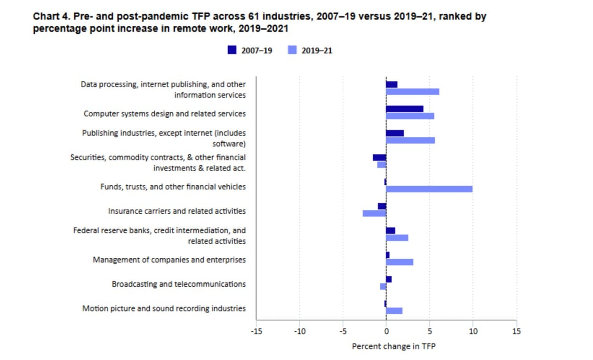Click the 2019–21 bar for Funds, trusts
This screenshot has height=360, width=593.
pos(429,189)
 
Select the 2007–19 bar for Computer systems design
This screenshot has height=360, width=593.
pos(404,109)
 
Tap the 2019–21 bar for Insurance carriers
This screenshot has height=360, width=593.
pos(374,213)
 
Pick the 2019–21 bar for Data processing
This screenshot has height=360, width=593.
pos(412,91)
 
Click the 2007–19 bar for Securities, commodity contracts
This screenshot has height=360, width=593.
pos(379,158)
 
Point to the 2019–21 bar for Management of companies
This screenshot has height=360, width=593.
pos(400,262)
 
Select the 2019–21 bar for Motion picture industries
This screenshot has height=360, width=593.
pos(394,311)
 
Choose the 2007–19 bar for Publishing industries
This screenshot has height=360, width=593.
pos(395,133)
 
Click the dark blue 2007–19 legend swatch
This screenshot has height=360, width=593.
pos(232,50)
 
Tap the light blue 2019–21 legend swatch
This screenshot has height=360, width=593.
pos(292,50)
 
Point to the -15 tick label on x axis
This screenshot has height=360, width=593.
pos(256,331)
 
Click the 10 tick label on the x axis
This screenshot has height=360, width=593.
pos(473,331)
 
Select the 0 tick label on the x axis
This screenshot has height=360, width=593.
pos(386,331)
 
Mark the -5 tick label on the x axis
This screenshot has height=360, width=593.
pos(343,331)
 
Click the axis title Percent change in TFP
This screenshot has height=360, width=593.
pos(393,346)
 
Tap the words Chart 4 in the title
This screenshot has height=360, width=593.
pos(48,16)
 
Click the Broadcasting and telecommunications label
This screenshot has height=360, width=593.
pos(178,284)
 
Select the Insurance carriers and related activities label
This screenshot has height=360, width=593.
pos(176,211)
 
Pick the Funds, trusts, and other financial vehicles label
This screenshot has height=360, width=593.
pos(173,187)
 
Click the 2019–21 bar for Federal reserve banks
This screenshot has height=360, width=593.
pos(397,238)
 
